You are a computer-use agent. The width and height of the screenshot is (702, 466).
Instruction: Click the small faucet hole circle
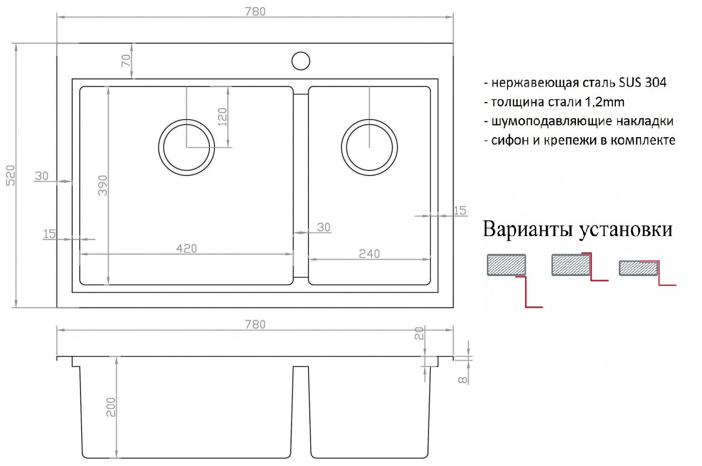301,61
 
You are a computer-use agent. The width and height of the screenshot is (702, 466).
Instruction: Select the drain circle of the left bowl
187,147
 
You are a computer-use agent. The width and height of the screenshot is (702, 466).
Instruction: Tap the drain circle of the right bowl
369,147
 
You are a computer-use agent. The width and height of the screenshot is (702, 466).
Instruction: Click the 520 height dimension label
10,175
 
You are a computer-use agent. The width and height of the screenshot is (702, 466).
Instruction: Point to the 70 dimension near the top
126,61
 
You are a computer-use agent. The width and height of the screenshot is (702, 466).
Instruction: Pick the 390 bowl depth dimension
102,186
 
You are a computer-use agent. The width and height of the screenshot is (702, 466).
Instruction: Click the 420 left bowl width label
187,248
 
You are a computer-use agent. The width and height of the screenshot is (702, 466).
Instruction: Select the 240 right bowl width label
369,254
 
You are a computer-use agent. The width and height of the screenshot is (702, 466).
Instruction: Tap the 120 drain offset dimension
223,117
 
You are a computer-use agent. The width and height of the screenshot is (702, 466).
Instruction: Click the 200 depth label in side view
111,407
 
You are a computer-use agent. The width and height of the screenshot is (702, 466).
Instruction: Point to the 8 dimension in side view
463,379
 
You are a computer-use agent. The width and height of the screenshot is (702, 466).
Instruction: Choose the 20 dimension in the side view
419,333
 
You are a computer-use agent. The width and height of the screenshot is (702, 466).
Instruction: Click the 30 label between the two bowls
324,227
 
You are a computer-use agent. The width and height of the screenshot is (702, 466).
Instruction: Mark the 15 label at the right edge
460,211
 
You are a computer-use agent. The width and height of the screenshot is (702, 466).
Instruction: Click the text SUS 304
643,82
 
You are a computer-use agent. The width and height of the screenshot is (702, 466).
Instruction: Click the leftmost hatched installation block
506,265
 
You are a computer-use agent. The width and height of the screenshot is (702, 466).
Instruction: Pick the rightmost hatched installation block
638,268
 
